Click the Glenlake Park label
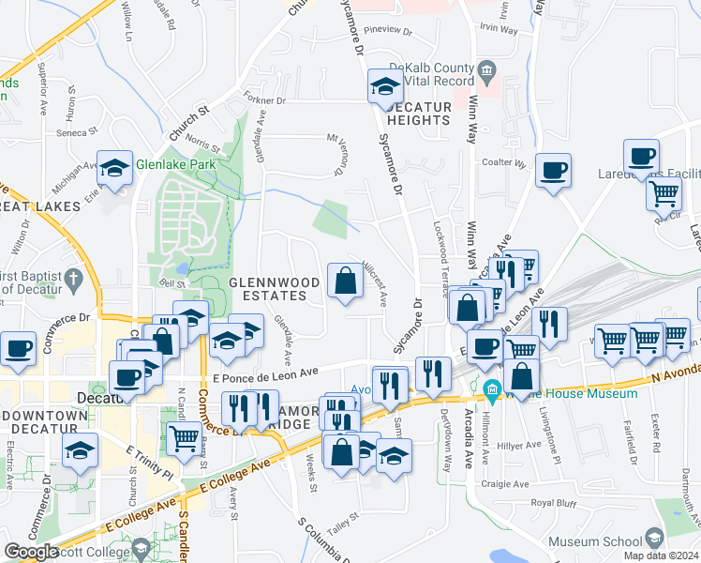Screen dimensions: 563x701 175,164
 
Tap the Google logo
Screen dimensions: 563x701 31,552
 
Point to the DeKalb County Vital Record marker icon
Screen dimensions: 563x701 486,70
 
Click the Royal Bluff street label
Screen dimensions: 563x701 552,503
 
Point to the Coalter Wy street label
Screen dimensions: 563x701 503,162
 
